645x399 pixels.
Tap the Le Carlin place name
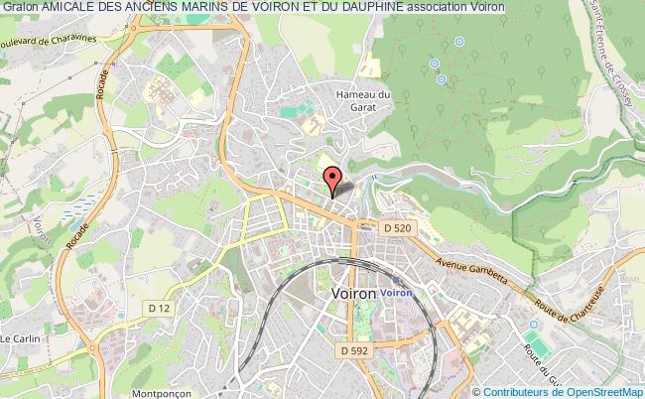tap(19, 338)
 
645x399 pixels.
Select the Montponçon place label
tap(150, 392)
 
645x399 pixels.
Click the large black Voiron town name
tap(351, 294)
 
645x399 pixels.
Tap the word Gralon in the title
tap(20, 7)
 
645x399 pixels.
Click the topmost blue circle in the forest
tap(459, 41)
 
